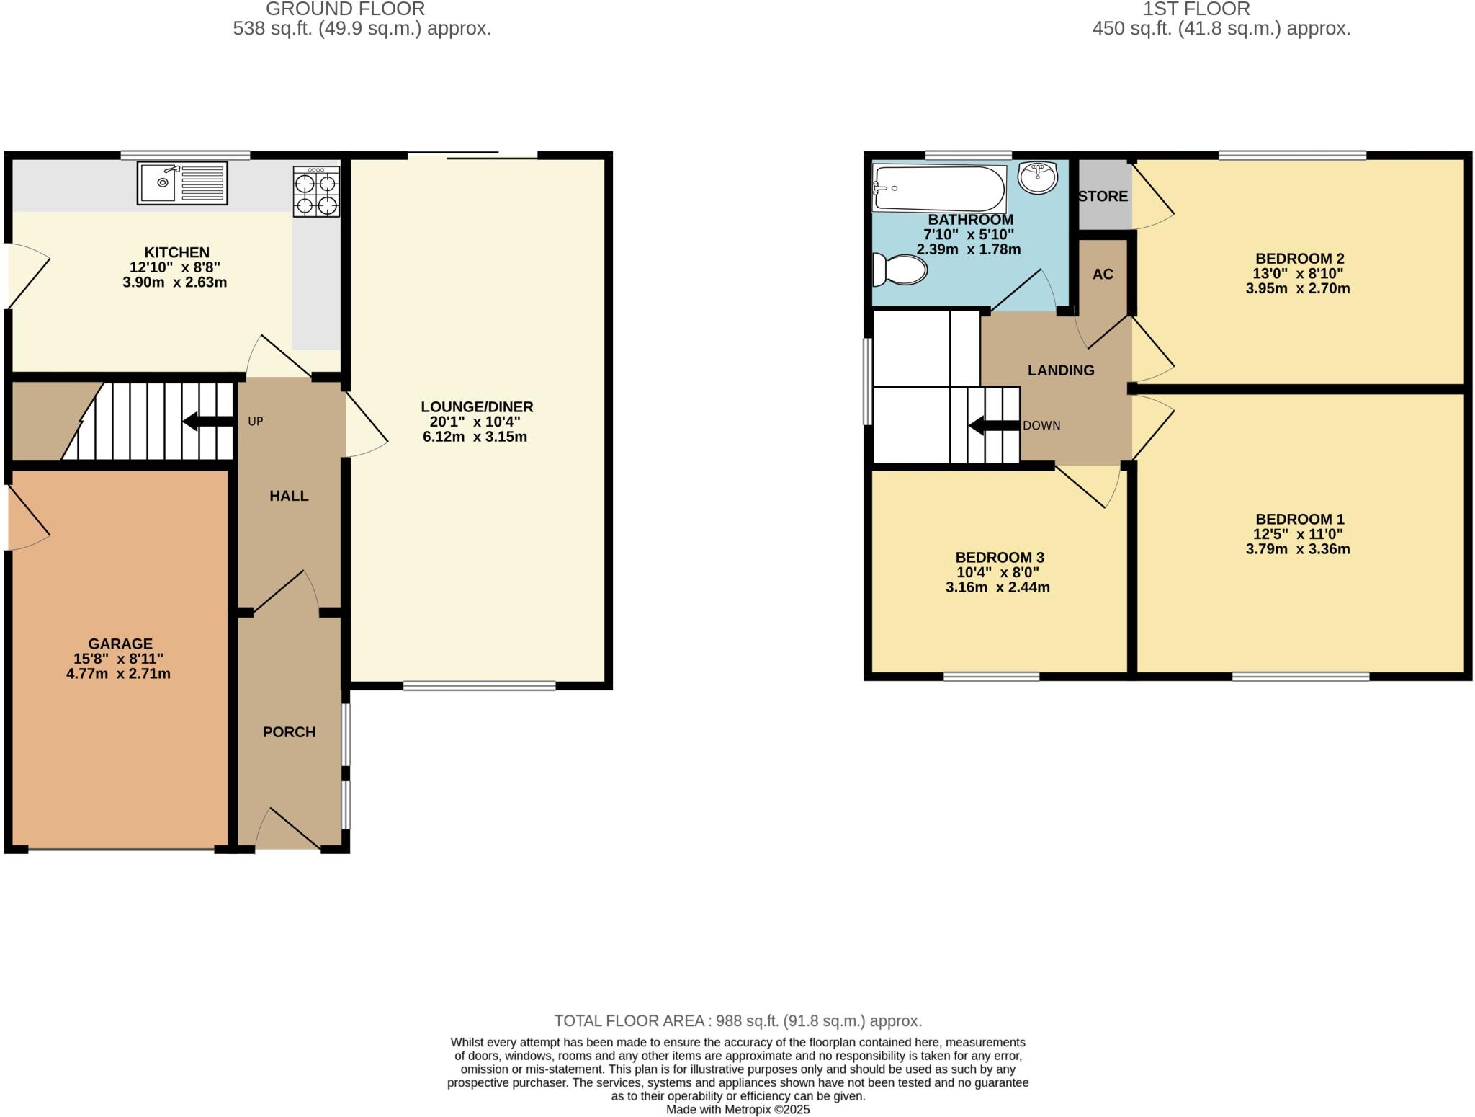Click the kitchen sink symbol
coord(182,183)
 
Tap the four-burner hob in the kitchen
coord(316,192)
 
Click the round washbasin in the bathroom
coord(1038,177)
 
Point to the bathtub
coord(938,189)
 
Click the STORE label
coord(1103,197)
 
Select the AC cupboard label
coord(1103,275)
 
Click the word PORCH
coord(289,732)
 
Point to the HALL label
coord(289,496)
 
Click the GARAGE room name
coord(120,644)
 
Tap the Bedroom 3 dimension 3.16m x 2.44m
coord(997,588)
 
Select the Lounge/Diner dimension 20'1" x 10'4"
coord(476,422)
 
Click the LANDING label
coord(1061,370)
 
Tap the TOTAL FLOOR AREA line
coord(737,1021)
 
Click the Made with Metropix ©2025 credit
coord(737,1110)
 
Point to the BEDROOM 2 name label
coord(1299,259)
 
